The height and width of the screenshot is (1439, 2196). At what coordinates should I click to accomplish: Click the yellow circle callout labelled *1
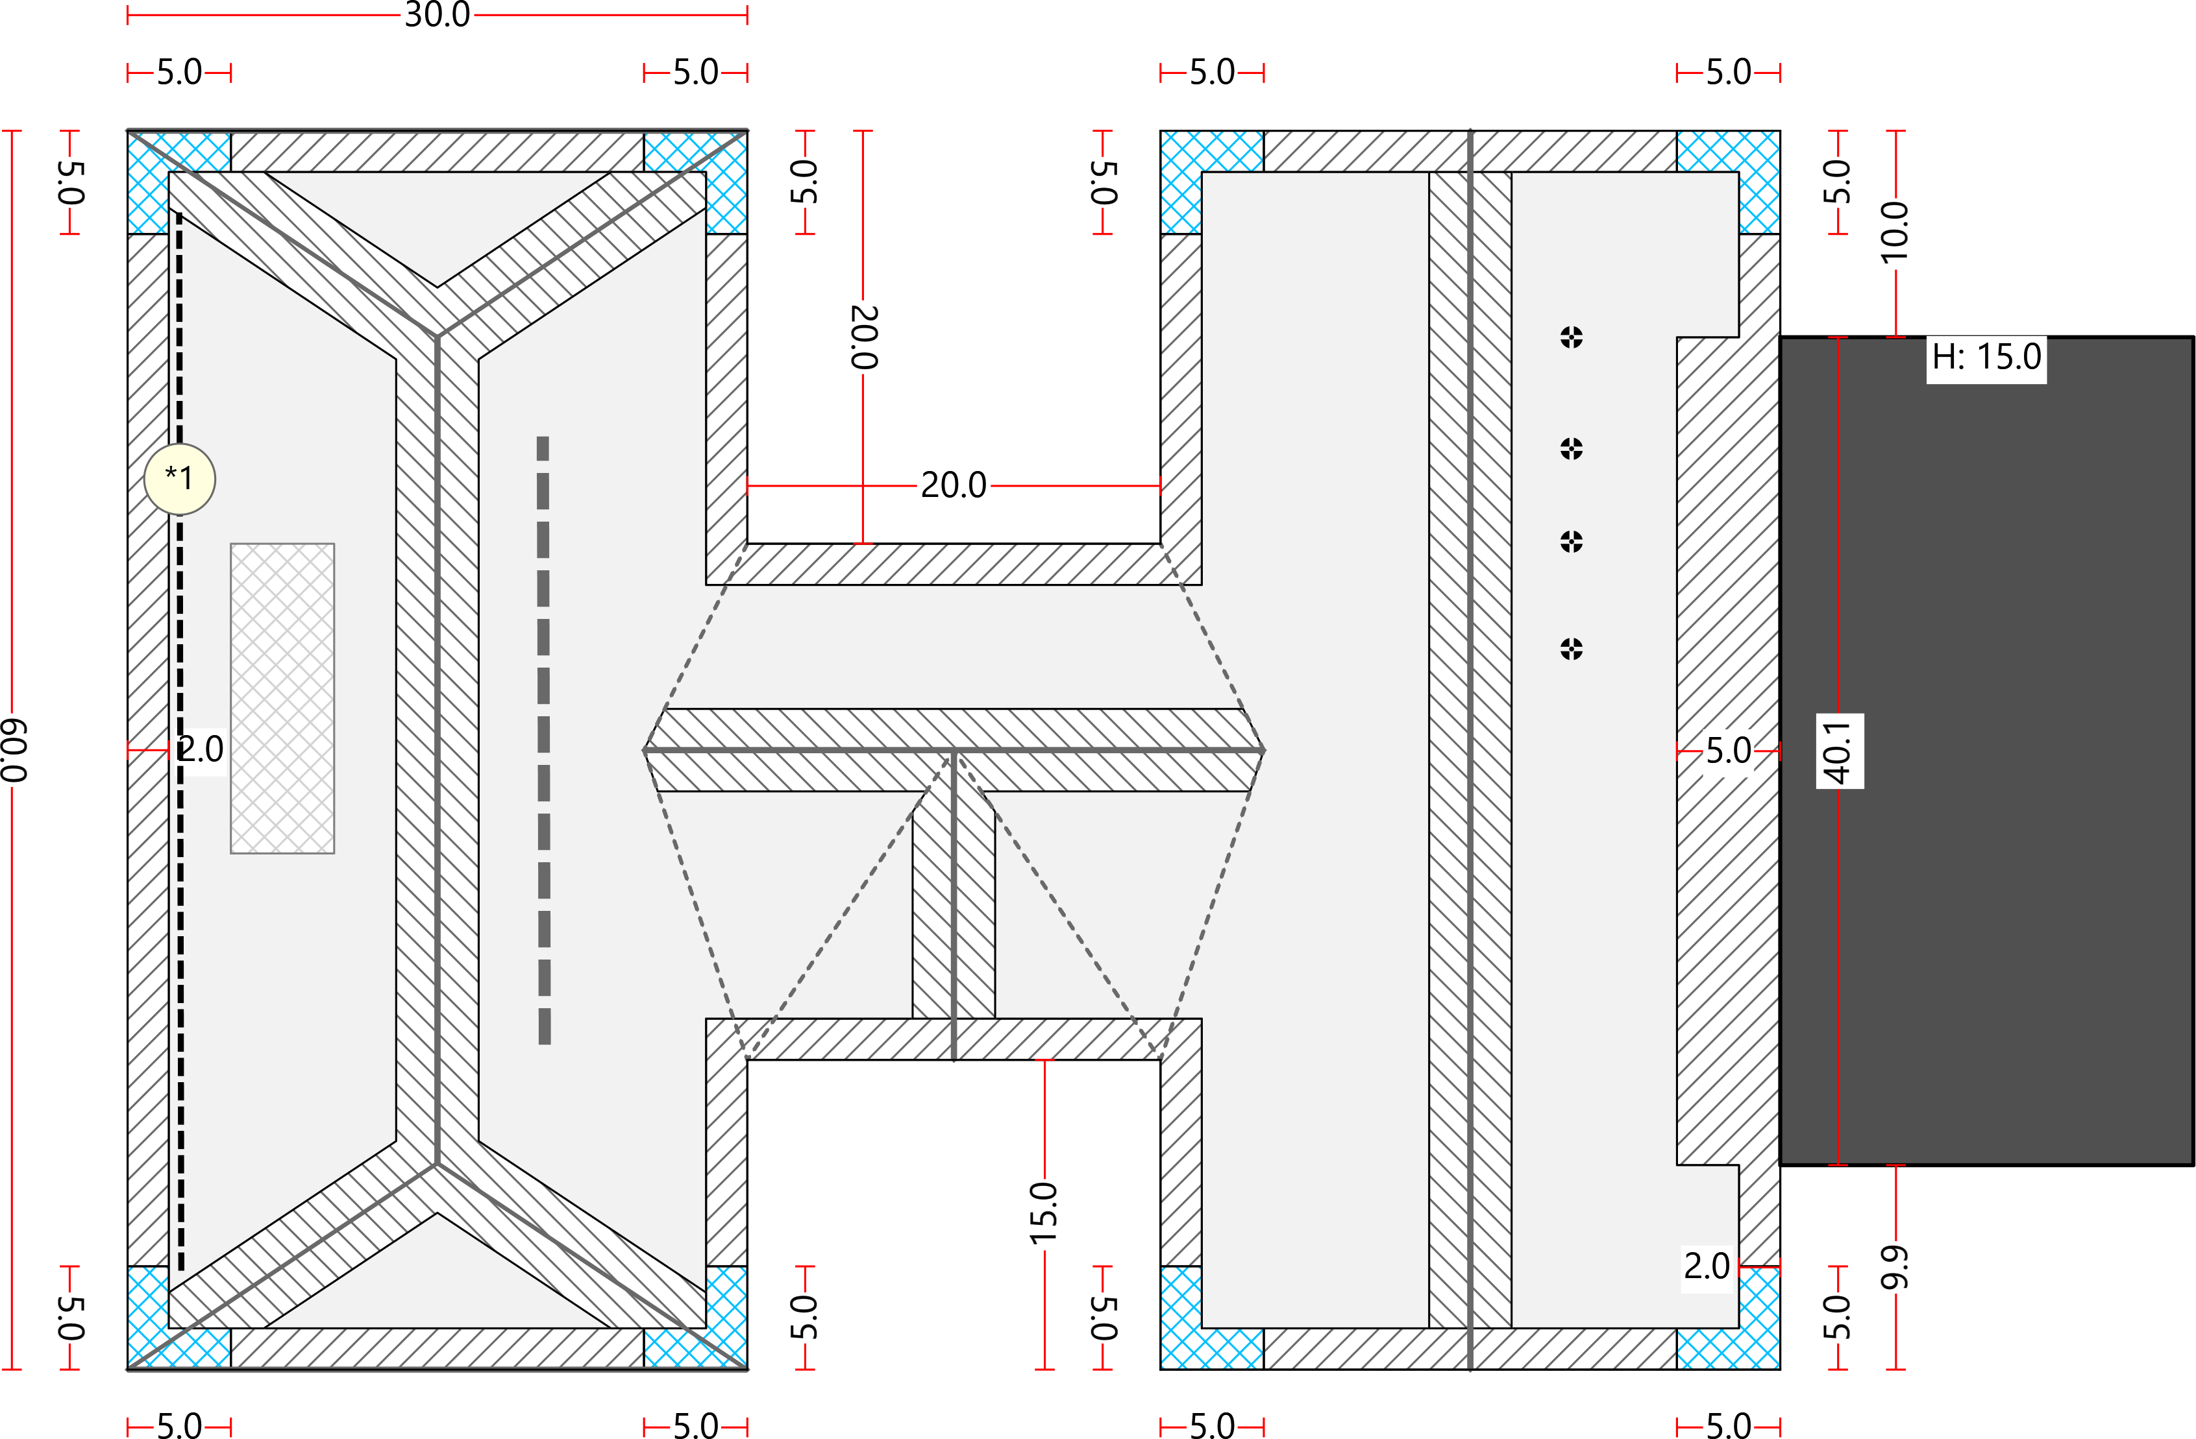pos(180,479)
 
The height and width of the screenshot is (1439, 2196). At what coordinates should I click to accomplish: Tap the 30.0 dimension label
pos(438,15)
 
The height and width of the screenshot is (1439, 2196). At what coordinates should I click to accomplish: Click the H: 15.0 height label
pos(1986,357)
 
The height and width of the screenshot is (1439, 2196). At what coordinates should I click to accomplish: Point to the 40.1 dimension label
pos(1839,751)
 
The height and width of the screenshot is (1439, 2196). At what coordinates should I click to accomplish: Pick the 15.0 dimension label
pos(1044,1213)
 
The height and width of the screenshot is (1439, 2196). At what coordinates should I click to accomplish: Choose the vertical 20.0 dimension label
pos(863,337)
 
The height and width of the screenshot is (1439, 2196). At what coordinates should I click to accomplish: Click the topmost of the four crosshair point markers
pos(1572,337)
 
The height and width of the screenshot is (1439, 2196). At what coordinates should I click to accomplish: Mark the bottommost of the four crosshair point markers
pos(1572,649)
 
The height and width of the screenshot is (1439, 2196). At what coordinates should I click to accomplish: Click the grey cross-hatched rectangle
pos(282,698)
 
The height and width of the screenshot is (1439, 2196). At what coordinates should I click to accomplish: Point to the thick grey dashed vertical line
pos(543,740)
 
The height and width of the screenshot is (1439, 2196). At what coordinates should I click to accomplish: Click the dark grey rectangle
pos(1986,751)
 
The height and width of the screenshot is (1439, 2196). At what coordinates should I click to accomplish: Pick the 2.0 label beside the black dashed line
pos(200,749)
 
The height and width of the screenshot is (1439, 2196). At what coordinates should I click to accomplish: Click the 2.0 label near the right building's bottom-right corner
pos(1707,1266)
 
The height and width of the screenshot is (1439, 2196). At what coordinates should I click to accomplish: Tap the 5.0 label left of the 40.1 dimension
pos(1728,751)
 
